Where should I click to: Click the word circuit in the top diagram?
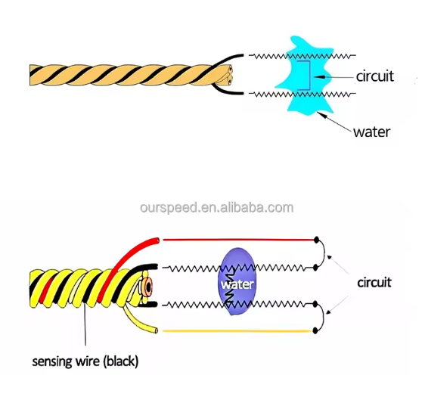(374, 77)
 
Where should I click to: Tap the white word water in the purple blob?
(237, 285)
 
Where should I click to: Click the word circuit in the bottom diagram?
(374, 283)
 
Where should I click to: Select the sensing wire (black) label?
(85, 361)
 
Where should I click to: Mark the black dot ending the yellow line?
(315, 331)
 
